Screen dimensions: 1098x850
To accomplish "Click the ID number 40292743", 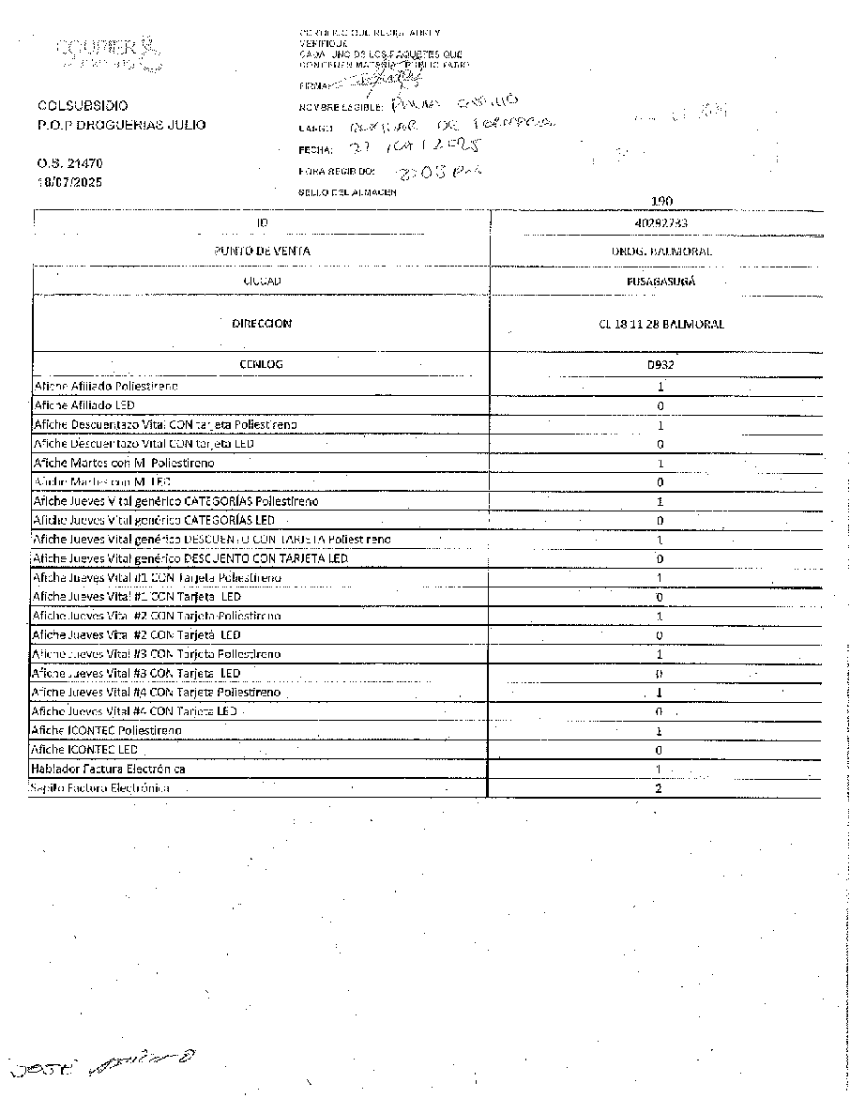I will [x=660, y=223].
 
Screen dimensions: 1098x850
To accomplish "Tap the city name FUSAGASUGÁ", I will [x=660, y=282].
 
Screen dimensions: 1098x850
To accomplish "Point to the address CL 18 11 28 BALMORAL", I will [x=660, y=325].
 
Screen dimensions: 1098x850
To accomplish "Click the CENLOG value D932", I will [x=660, y=364].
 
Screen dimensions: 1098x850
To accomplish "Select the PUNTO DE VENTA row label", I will [x=262, y=252].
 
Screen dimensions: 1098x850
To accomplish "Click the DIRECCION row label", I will [x=262, y=324].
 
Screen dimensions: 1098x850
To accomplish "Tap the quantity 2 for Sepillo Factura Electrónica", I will [x=659, y=788].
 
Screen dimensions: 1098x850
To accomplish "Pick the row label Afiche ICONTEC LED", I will [x=84, y=750].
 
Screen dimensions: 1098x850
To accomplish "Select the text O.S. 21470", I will [x=69, y=163].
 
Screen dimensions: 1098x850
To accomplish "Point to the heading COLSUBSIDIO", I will [x=83, y=106].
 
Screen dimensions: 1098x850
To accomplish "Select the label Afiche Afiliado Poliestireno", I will [x=106, y=386].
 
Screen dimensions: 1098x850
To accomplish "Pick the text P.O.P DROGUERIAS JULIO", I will [x=121, y=126].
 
